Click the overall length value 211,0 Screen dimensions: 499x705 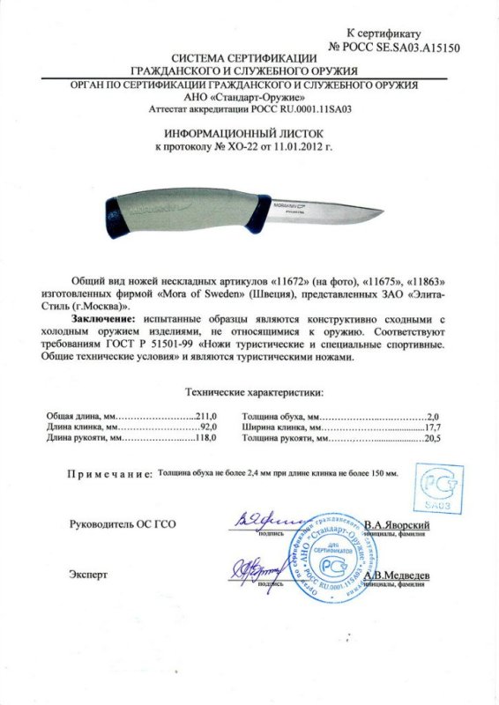click(205, 413)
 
